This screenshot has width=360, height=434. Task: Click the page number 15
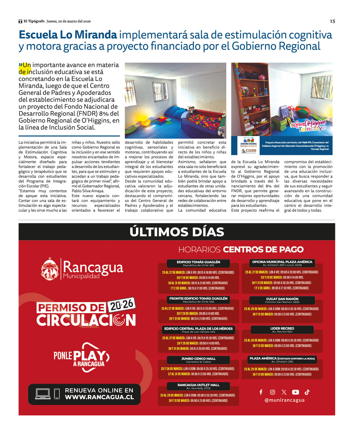[x=332, y=21]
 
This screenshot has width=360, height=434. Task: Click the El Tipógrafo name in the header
[x=34, y=21]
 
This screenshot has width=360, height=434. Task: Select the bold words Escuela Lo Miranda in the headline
[x=68, y=35]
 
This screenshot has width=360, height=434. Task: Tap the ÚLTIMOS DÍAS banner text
[x=177, y=232]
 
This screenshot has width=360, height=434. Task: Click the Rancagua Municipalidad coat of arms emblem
[x=50, y=269]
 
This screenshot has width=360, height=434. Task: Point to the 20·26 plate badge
[x=122, y=305]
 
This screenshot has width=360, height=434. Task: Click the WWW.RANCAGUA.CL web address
[x=99, y=397]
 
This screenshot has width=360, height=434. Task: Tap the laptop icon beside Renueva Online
[x=43, y=394]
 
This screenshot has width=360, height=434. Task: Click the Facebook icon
[x=261, y=392]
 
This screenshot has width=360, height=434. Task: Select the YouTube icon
[x=295, y=392]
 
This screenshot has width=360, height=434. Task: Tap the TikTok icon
[x=307, y=392]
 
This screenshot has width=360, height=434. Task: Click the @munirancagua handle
[x=284, y=400]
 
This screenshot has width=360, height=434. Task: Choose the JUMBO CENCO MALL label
[x=198, y=359]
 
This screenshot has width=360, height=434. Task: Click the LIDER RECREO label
[x=282, y=328]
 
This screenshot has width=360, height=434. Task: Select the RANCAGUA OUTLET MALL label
[x=198, y=385]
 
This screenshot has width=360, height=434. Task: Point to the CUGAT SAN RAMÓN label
[x=282, y=299]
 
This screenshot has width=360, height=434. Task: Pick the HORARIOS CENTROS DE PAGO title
[x=241, y=249]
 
